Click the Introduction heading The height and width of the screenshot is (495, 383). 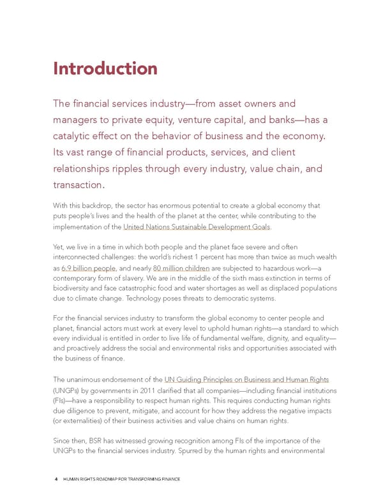coord(105,68)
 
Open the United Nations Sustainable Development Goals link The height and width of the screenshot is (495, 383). coord(197,227)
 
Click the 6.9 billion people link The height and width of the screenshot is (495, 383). coord(89,269)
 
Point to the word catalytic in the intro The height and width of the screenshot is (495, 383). coord(75,135)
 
